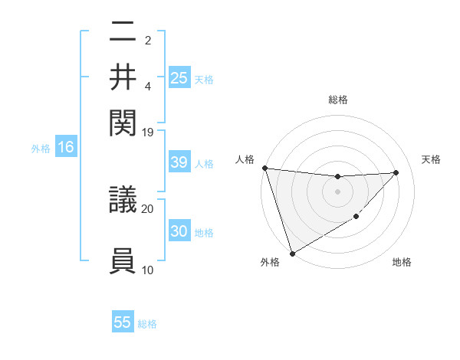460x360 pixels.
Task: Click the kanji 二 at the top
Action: pos(123,33)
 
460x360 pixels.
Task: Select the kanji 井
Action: pos(123,77)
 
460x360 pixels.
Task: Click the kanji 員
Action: pos(123,260)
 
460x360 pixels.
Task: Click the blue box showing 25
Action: pos(179,78)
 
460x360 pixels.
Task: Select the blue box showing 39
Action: pos(179,162)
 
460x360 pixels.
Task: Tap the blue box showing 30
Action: pos(179,231)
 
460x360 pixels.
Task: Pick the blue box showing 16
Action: pos(66,148)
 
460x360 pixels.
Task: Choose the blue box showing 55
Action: pos(123,322)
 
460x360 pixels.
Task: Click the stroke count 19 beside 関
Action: pos(147,132)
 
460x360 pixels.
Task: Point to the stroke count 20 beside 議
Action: pos(147,208)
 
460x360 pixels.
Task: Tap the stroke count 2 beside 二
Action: pos(147,40)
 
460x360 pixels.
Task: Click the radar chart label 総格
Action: pos(337,100)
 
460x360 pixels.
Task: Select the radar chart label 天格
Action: pos(431,159)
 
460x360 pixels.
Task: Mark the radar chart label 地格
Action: pos(402,263)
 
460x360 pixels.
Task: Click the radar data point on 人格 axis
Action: pos(264,168)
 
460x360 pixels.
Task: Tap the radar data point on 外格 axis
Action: pos(292,253)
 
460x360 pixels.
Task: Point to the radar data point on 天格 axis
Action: pos(396,172)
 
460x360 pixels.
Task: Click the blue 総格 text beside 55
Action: pos(147,323)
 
